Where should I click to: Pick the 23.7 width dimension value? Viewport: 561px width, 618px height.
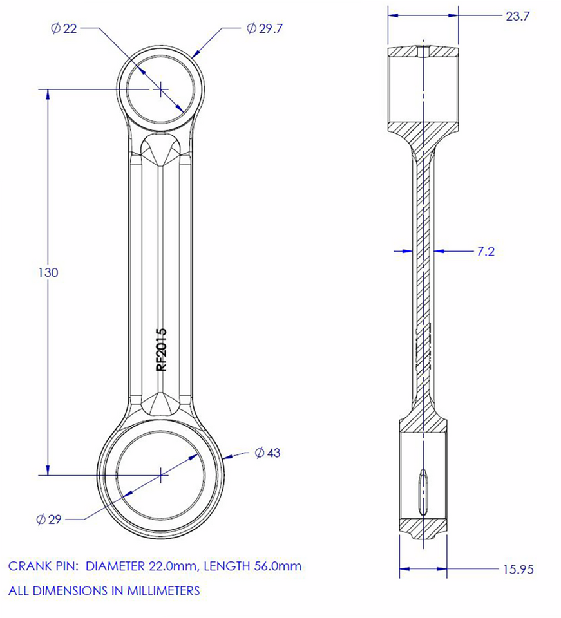[517, 17]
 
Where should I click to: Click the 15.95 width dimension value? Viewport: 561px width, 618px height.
[518, 569]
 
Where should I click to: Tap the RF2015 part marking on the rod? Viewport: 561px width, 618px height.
[162, 350]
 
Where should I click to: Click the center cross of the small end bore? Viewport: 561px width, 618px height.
[160, 88]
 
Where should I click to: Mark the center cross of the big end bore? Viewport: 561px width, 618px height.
[161, 476]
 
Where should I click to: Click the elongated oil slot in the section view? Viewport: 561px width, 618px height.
[422, 491]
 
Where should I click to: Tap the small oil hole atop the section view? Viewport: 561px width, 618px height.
[422, 51]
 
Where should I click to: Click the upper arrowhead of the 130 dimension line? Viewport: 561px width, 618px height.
[46, 94]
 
